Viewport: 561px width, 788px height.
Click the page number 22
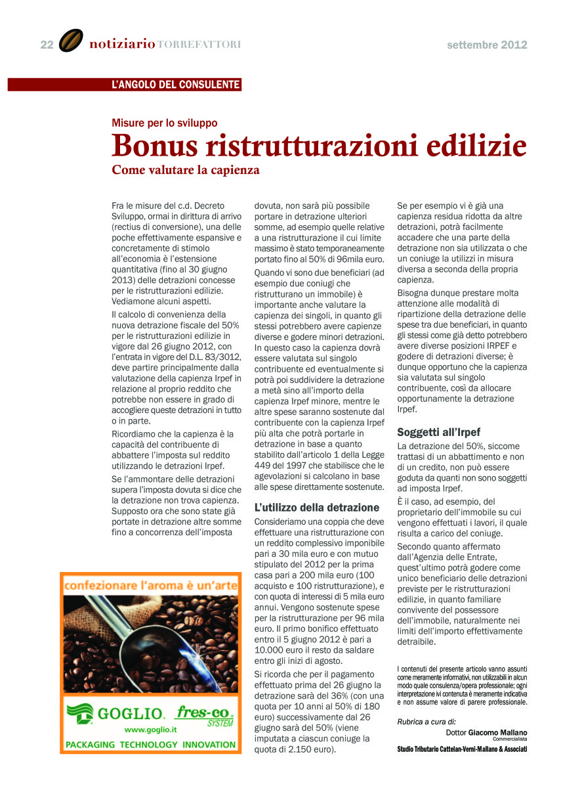point(47,45)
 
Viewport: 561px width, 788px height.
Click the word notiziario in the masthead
point(122,45)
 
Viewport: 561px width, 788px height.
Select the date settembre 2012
point(487,45)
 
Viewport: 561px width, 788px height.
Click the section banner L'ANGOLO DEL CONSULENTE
point(176,85)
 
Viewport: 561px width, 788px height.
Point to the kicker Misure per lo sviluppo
point(165,123)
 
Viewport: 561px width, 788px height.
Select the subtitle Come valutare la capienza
point(186,170)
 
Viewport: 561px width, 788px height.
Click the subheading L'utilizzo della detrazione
point(317,508)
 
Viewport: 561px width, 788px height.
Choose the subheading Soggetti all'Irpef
point(439,433)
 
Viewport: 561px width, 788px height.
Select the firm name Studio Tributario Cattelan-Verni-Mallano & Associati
point(463,749)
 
